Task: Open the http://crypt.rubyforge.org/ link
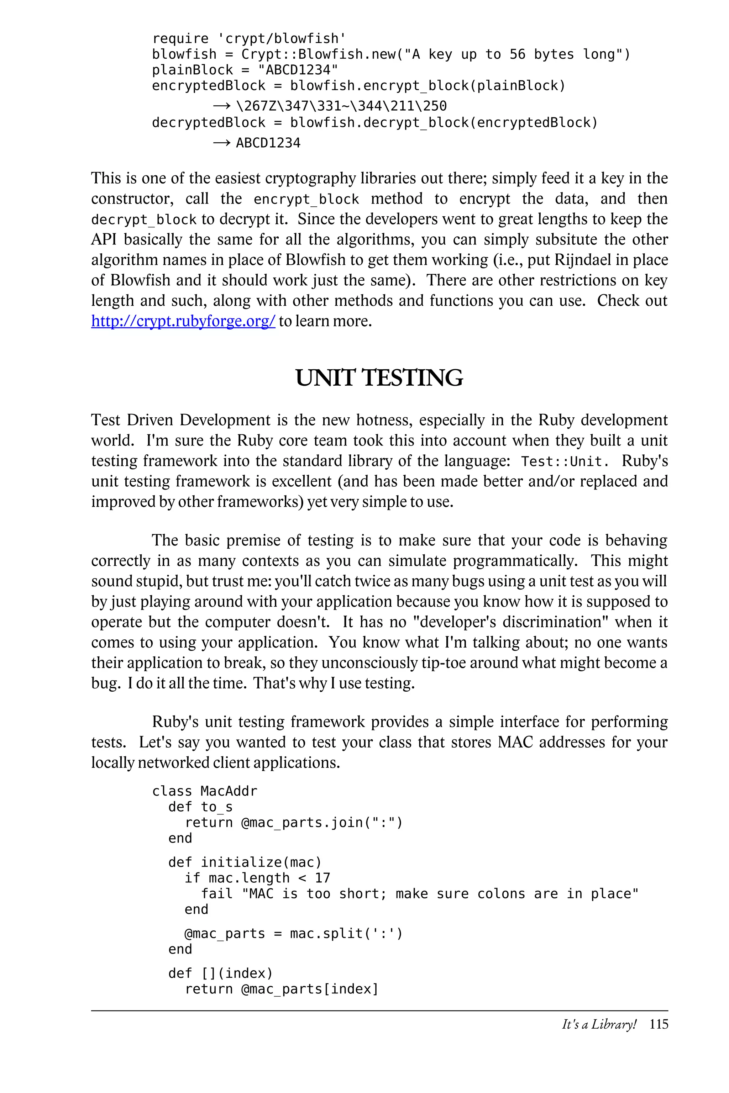[x=183, y=321]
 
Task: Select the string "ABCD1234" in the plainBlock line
[x=298, y=70]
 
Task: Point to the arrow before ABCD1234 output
[x=222, y=143]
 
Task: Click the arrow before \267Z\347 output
[x=222, y=106]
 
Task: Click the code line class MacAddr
[x=205, y=791]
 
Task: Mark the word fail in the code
[x=217, y=894]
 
